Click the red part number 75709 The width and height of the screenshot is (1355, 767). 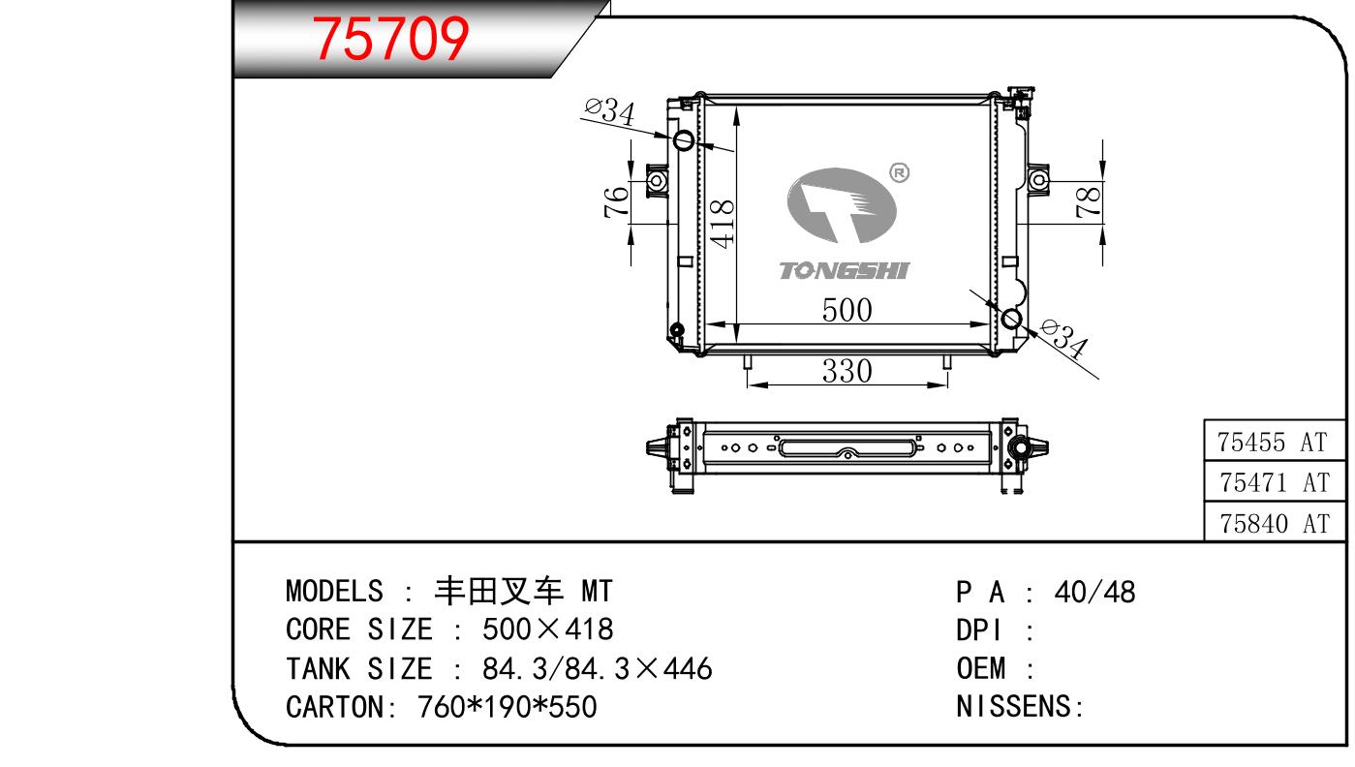[x=390, y=39]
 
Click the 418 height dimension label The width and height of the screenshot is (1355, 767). [x=722, y=225]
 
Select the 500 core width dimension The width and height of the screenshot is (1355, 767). [x=847, y=310]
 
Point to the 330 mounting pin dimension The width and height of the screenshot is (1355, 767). [x=847, y=371]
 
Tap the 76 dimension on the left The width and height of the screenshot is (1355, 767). [x=616, y=201]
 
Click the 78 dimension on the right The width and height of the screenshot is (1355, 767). [x=1088, y=201]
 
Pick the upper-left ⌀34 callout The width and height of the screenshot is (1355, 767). [x=610, y=112]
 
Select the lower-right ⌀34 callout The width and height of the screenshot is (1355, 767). [x=1064, y=338]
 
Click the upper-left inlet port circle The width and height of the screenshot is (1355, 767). [x=684, y=139]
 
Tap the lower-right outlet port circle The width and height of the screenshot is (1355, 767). [x=1011, y=319]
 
